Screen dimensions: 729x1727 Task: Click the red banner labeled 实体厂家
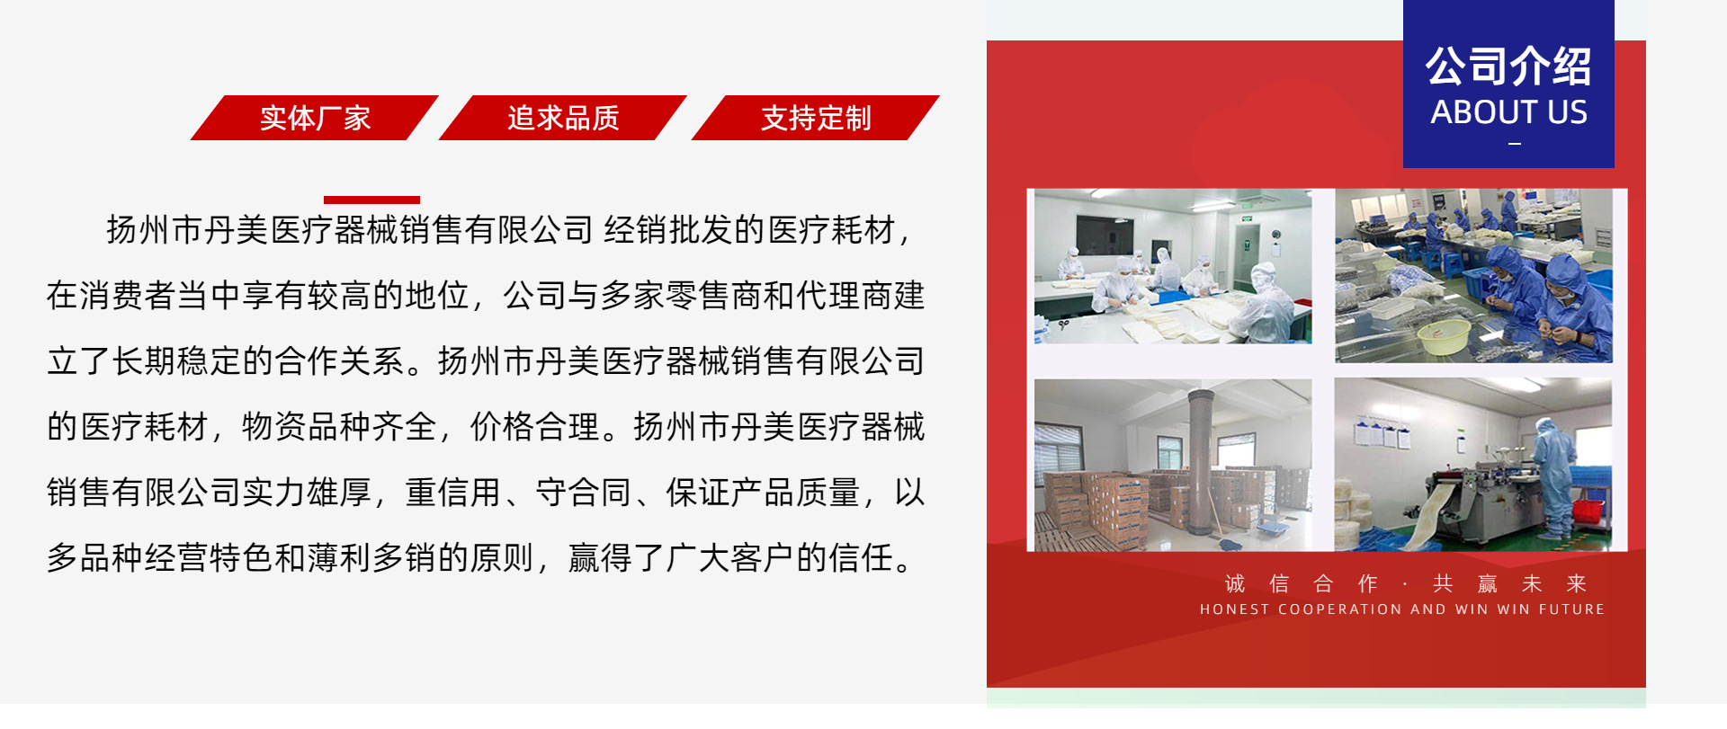pyautogui.click(x=315, y=118)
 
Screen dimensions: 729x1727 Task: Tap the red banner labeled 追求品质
pyautogui.click(x=563, y=118)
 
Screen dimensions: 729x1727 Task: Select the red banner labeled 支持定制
pyautogui.click(x=816, y=118)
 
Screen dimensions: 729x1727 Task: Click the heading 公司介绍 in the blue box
pyautogui.click(x=1508, y=67)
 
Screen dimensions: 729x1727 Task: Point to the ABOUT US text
pyautogui.click(x=1508, y=112)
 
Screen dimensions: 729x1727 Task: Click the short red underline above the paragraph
pyautogui.click(x=371, y=200)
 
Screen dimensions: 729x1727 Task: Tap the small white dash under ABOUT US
pyautogui.click(x=1515, y=144)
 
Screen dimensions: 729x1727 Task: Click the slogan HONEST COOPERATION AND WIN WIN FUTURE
pyautogui.click(x=1401, y=609)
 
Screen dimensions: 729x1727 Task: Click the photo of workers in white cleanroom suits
pyautogui.click(x=1172, y=266)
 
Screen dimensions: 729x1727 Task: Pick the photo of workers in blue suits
pyautogui.click(x=1472, y=275)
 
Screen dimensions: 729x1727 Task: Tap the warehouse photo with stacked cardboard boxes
pyautogui.click(x=1172, y=465)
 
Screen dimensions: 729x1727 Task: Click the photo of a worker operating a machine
pyautogui.click(x=1472, y=465)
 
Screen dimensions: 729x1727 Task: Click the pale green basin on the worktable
pyautogui.click(x=1443, y=336)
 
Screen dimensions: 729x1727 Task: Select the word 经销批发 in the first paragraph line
pyautogui.click(x=668, y=230)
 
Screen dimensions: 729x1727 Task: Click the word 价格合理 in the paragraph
pyautogui.click(x=534, y=427)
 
